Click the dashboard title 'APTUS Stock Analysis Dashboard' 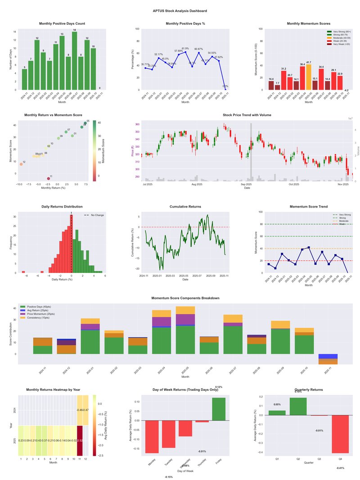tap(180, 11)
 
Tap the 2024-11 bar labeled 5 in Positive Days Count tap(24, 79)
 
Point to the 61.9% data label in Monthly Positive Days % tap(185, 49)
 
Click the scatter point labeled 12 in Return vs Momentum tap(21, 164)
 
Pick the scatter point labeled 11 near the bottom tap(49, 179)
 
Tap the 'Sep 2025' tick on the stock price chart tap(247, 184)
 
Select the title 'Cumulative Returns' tap(185, 206)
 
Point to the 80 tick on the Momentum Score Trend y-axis tap(261, 224)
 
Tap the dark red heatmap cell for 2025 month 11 tap(80, 440)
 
